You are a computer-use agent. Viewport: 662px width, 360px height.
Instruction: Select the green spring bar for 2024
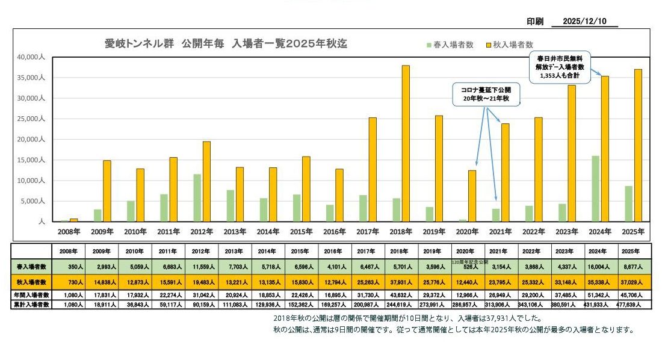(595, 188)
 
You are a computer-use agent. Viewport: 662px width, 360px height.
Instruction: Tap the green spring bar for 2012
(197, 197)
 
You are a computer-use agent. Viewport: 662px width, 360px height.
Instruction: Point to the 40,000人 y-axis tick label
(28, 57)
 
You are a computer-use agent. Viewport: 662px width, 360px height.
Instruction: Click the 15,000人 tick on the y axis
(28, 160)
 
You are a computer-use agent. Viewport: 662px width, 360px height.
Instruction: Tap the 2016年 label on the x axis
(333, 232)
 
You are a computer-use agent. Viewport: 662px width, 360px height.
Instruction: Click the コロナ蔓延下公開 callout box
(486, 94)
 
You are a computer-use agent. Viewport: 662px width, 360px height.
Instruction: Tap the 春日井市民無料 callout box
(560, 67)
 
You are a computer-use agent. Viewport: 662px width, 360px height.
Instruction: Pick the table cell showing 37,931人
(401, 281)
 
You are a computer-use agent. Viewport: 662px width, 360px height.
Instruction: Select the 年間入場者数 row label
(31, 295)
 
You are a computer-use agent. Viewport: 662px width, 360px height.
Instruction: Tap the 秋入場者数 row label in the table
(31, 281)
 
